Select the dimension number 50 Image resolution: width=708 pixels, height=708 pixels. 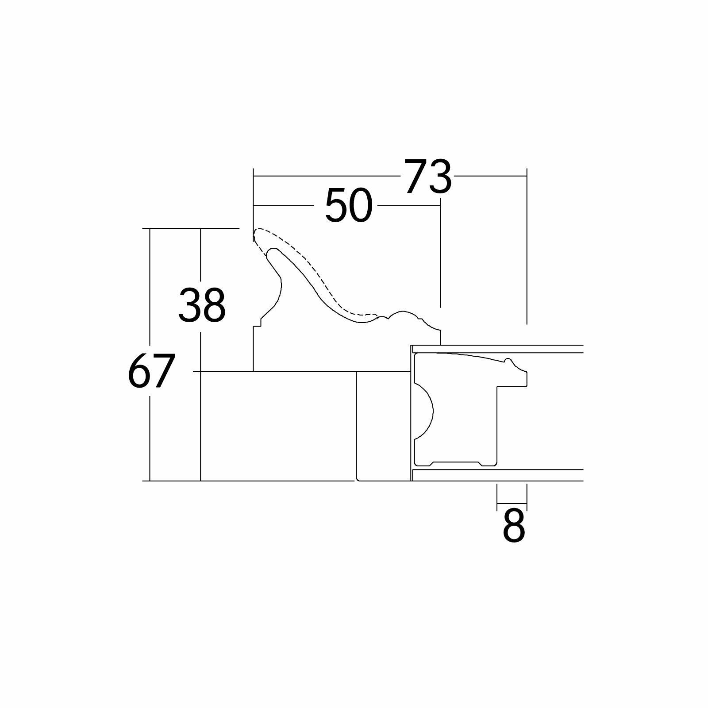pyautogui.click(x=348, y=206)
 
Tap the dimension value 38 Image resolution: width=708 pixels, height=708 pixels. pyautogui.click(x=202, y=305)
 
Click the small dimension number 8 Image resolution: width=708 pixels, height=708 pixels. pyautogui.click(x=514, y=526)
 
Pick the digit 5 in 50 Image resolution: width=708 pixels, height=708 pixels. pyautogui.click(x=336, y=206)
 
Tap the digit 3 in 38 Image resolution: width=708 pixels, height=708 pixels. pyautogui.click(x=189, y=305)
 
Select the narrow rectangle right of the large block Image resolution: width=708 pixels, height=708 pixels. pyautogui.click(x=384, y=426)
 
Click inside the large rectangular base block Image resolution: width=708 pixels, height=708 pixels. pyautogui.click(x=278, y=426)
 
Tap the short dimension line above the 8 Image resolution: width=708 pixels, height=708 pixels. pyautogui.click(x=512, y=504)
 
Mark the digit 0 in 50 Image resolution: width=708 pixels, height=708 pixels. pyautogui.click(x=361, y=206)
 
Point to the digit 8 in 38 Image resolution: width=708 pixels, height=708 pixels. pyautogui.click(x=214, y=305)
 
